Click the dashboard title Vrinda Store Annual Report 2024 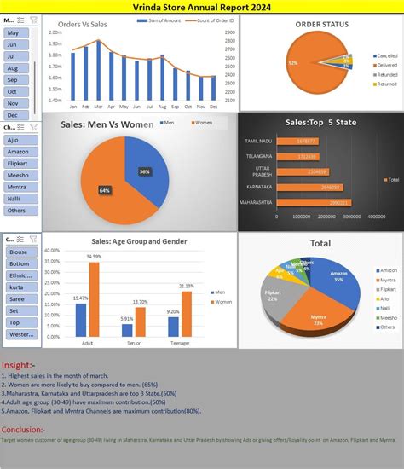pos(202,6)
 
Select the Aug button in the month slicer pos(13,67)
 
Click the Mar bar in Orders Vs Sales pos(99,70)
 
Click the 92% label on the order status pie pos(293,63)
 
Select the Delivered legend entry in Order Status pos(363,65)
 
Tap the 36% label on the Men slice pos(145,171)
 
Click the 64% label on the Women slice pos(105,189)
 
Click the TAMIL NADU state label pos(258,140)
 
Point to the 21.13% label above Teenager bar pos(187,286)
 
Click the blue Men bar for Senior pos(127,329)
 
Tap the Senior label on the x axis pos(133,343)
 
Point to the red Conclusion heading pos(25,430)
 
